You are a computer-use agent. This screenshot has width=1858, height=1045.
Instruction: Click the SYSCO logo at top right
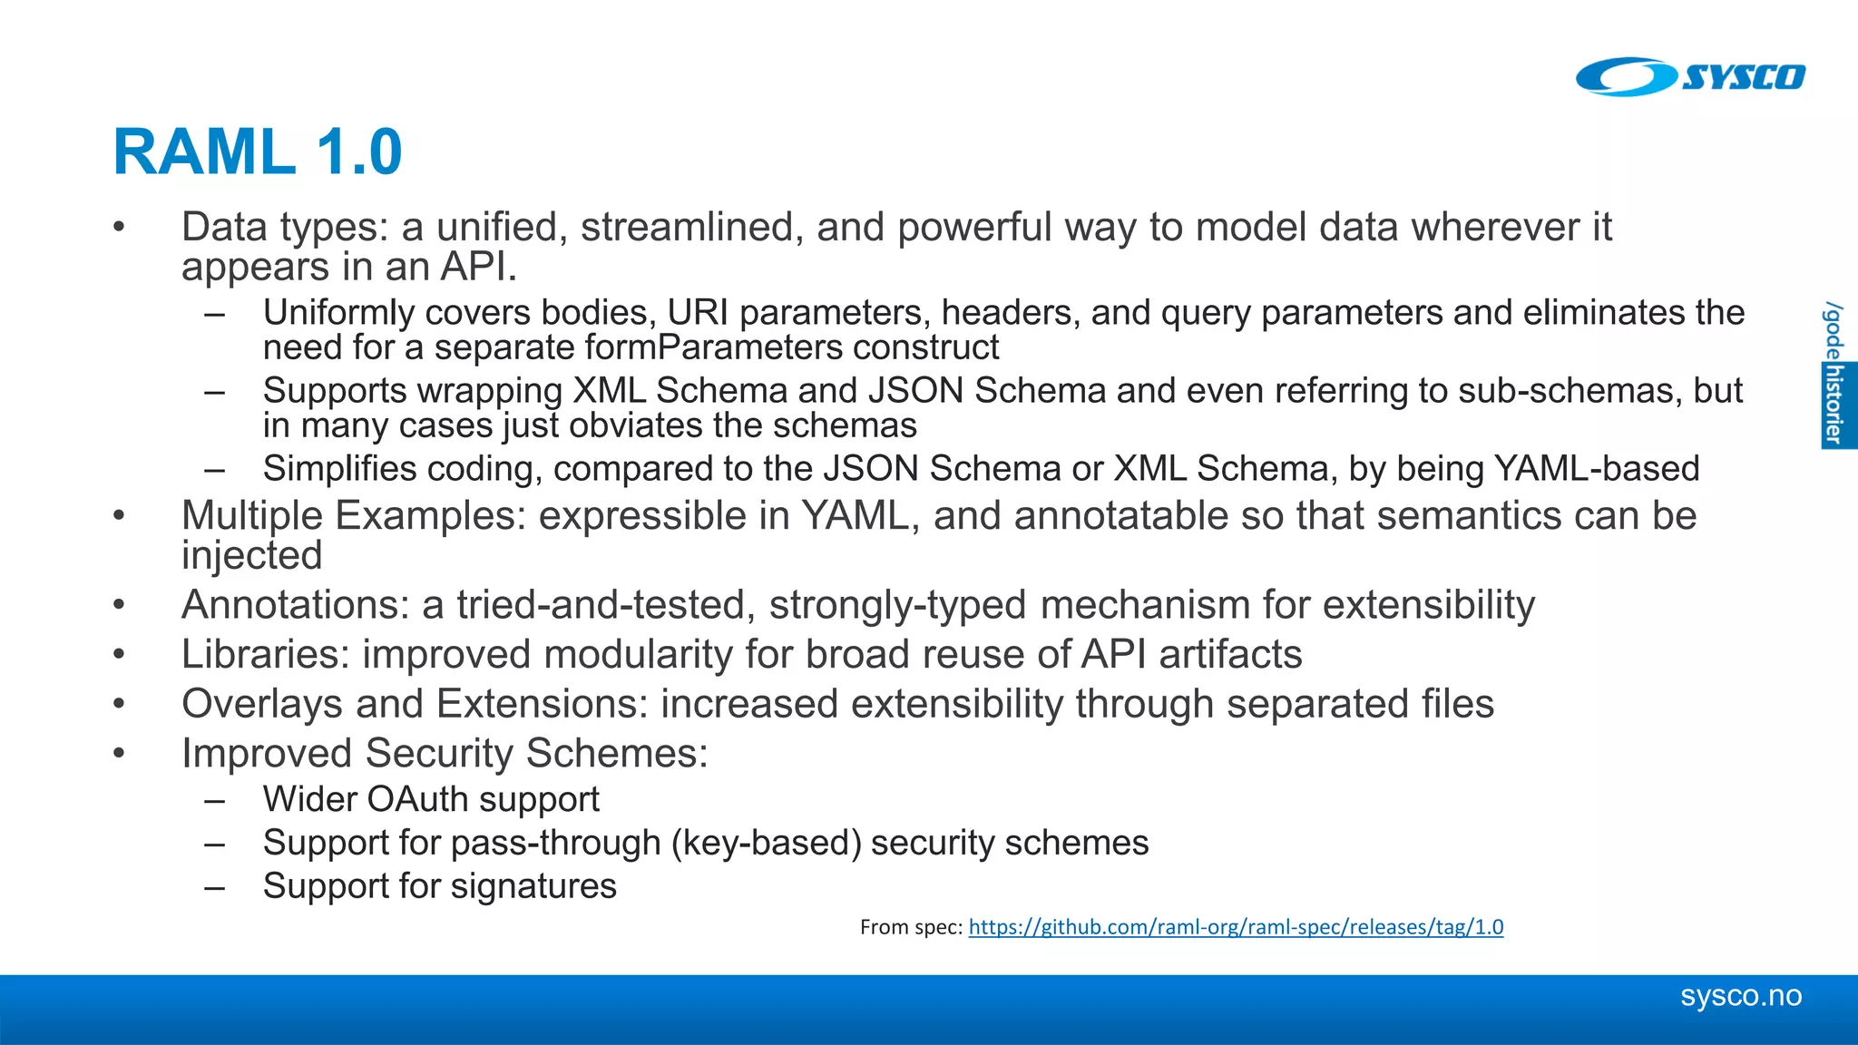pos(1691,76)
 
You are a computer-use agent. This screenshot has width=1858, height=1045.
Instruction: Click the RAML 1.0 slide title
pos(258,151)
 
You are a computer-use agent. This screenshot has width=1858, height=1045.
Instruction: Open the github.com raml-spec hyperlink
pos(1236,927)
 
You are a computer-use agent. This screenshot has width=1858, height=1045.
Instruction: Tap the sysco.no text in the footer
pos(1740,996)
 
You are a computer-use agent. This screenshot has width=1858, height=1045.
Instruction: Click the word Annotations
pos(295,605)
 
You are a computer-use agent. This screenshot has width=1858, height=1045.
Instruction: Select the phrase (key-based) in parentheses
pos(767,844)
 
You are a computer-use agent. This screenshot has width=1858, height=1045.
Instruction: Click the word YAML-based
pos(1597,469)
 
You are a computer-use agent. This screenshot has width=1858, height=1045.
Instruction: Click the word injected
pos(251,556)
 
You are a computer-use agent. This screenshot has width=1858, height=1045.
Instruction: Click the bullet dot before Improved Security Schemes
pos(119,753)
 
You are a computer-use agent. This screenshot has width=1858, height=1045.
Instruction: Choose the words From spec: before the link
pos(910,927)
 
